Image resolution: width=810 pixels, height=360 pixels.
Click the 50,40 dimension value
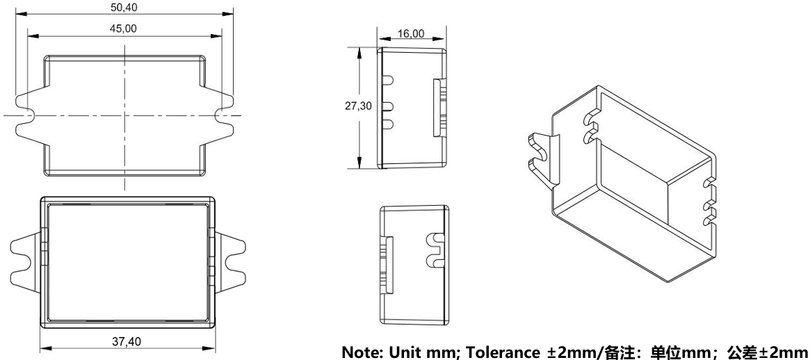(124, 7)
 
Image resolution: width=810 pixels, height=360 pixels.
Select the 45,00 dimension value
(124, 28)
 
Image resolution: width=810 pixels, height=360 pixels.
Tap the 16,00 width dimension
(411, 33)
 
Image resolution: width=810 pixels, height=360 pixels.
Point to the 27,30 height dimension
(358, 106)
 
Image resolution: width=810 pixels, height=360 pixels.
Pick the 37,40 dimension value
(127, 341)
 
